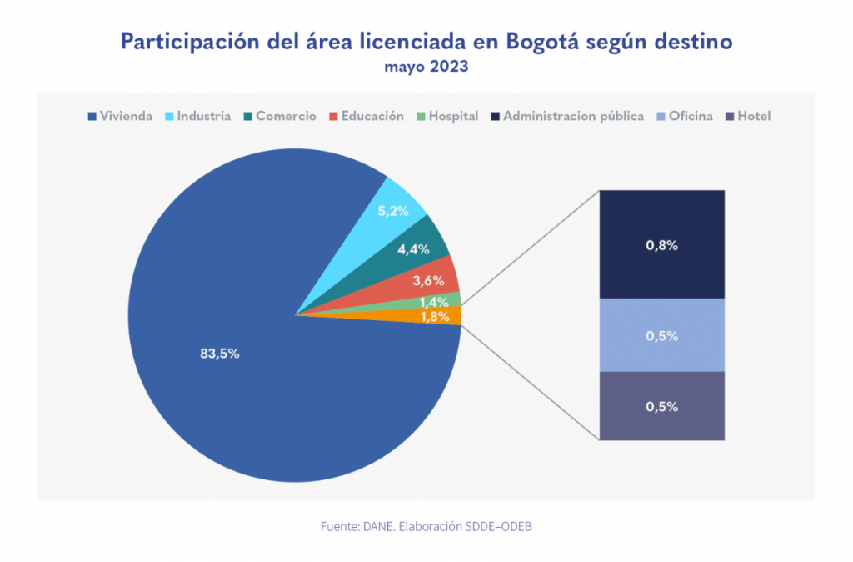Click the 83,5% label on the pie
tap(220, 354)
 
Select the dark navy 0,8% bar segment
tap(661, 245)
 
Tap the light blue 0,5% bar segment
tap(661, 336)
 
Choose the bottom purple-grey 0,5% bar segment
tap(661, 407)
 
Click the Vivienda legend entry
tap(120, 117)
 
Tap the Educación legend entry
tap(367, 117)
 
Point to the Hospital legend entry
tap(447, 117)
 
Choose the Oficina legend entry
tap(685, 117)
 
